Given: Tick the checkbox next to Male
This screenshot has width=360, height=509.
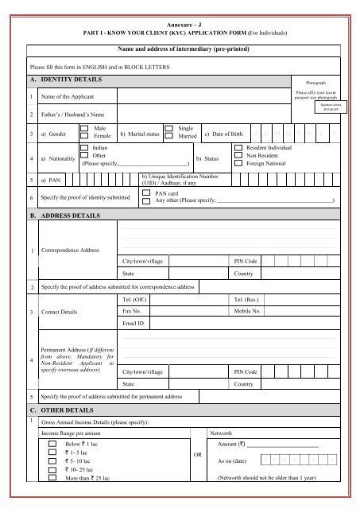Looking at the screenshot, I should pos(85,130).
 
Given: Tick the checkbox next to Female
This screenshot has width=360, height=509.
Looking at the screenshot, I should pos(85,138).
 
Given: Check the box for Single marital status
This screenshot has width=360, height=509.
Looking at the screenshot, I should pos(168,128).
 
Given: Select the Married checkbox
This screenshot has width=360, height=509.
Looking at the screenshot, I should pos(168,138).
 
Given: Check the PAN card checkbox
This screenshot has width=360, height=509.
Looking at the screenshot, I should pos(145,192).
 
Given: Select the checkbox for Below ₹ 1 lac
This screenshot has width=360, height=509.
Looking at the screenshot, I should pos(53,446).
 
